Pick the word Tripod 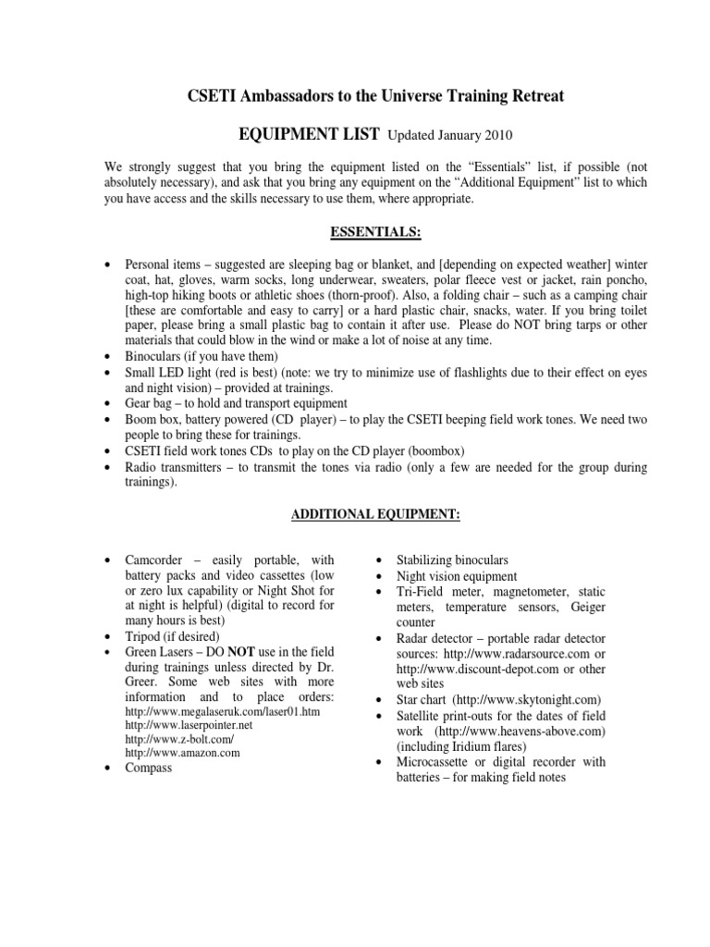(x=145, y=637)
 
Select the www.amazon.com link (x=182, y=753)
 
